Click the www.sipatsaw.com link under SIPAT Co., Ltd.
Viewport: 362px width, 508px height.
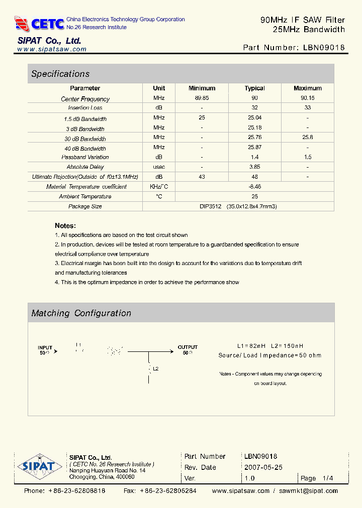click(52, 50)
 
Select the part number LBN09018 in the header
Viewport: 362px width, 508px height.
click(324, 48)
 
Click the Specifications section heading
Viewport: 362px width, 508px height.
click(60, 74)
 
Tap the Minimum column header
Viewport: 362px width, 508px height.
click(202, 88)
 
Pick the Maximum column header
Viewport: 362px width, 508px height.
click(307, 88)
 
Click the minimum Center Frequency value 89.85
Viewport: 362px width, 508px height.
click(202, 98)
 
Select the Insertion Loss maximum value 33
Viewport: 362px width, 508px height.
click(307, 108)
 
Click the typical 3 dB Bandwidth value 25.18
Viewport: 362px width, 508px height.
click(255, 128)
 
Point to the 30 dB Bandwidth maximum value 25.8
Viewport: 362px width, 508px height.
click(307, 138)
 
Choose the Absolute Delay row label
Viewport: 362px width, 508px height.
click(85, 167)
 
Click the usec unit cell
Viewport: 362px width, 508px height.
click(159, 167)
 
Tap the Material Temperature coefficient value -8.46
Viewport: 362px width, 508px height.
click(255, 187)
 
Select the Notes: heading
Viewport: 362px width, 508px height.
click(65, 226)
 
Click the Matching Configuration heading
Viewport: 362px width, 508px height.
click(81, 313)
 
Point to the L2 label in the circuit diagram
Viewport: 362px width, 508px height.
click(156, 369)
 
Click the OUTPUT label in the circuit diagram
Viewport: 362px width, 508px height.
click(188, 347)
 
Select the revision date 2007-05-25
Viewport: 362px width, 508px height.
click(263, 467)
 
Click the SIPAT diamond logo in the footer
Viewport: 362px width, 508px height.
click(36, 466)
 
